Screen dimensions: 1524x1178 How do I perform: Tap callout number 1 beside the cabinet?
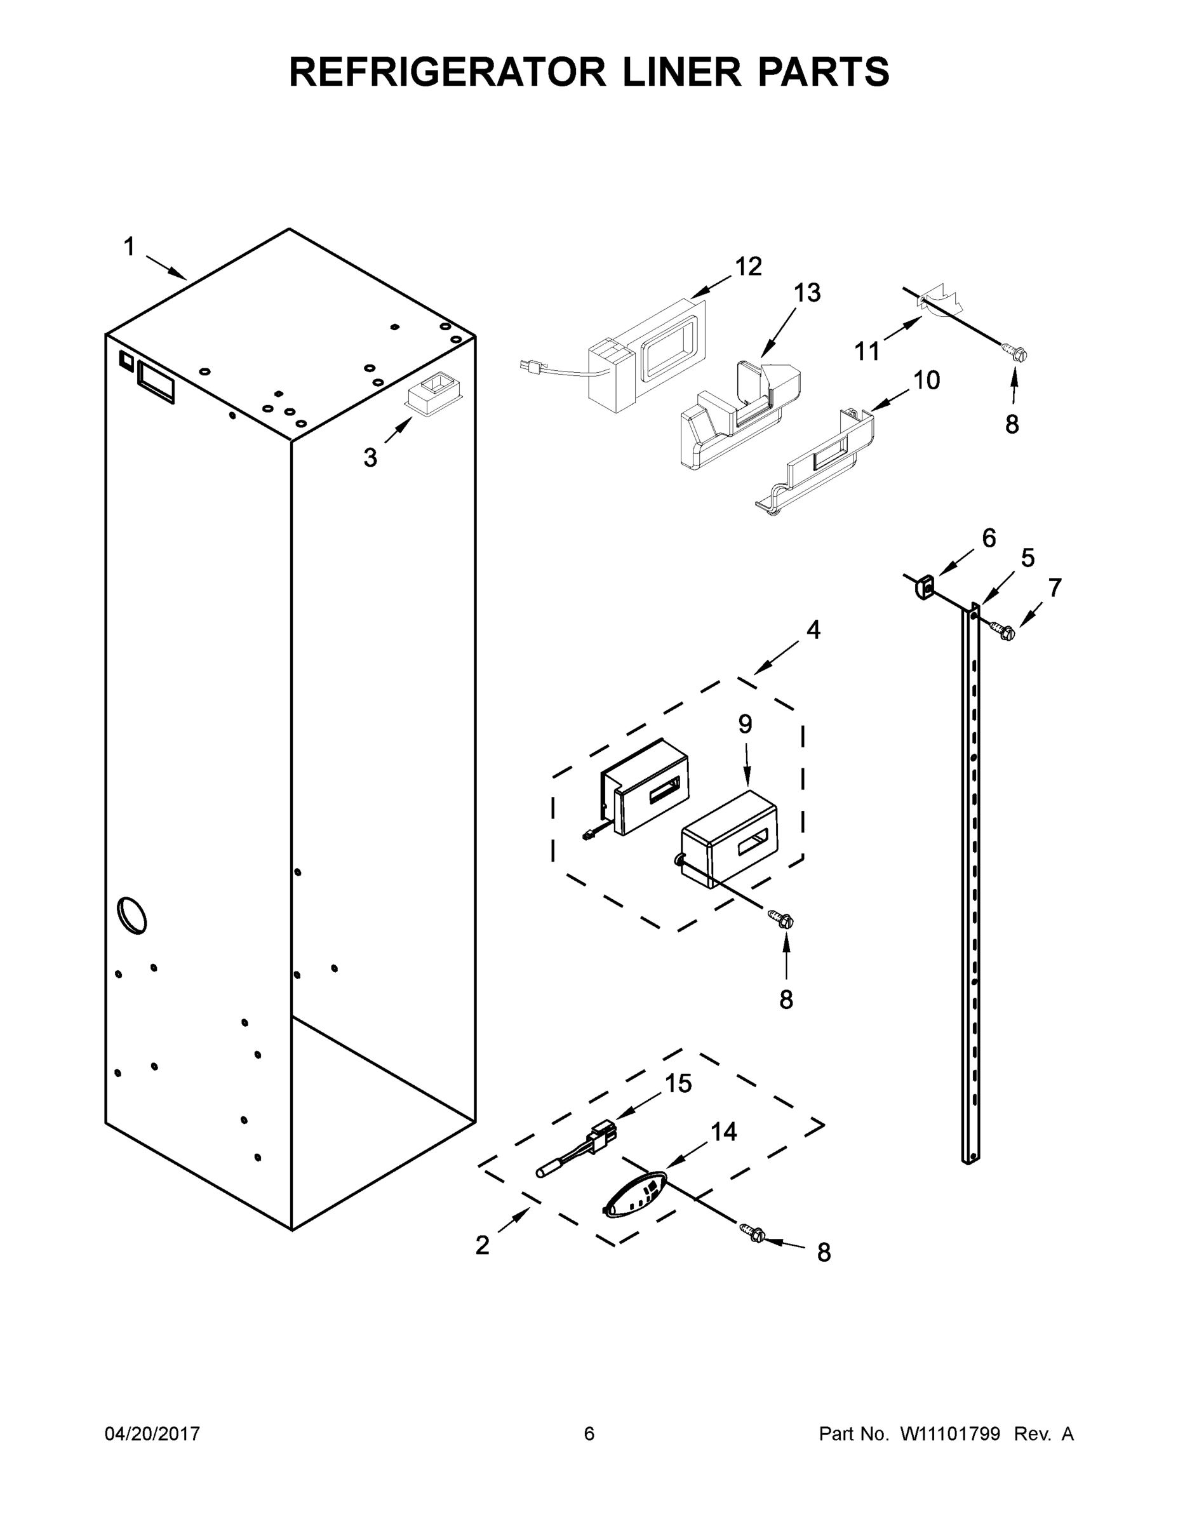point(129,247)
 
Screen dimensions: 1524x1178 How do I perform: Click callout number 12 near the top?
point(748,267)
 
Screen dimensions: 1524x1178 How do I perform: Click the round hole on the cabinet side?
point(132,915)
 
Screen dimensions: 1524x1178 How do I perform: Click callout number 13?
point(806,293)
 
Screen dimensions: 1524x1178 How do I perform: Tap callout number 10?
point(926,381)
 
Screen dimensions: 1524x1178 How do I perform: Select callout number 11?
point(867,352)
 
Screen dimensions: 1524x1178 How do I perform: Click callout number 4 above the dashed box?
point(813,630)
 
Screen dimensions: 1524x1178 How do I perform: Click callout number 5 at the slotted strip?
point(1027,558)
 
